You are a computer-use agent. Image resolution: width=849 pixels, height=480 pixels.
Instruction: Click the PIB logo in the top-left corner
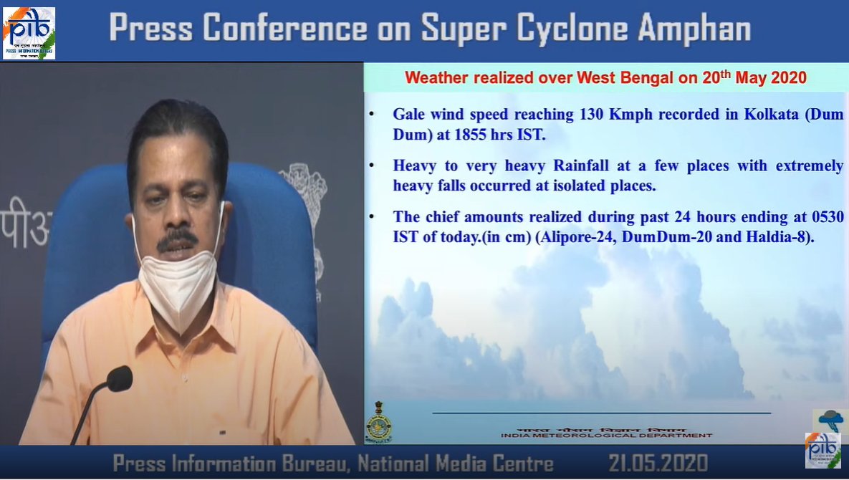tap(29, 32)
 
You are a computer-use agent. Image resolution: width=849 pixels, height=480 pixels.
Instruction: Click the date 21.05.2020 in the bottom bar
tap(658, 463)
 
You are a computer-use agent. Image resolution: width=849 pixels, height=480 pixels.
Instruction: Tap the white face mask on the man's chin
tap(177, 283)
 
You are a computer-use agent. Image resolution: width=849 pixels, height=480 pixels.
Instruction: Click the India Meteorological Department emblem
tap(378, 423)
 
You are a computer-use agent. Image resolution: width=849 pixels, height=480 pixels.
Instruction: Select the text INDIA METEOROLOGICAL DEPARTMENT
tap(606, 435)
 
